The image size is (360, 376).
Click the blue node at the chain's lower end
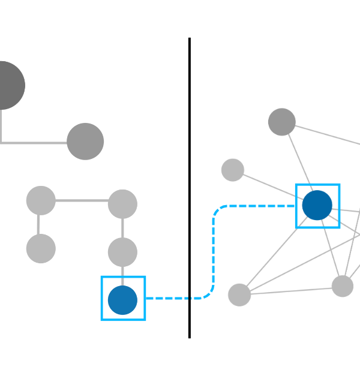click(122, 300)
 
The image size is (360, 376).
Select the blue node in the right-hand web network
click(317, 206)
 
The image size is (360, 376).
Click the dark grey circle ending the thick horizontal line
click(85, 142)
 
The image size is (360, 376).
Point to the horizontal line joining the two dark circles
click(36, 143)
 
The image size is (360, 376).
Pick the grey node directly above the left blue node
click(122, 252)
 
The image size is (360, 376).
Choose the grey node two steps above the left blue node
click(122, 204)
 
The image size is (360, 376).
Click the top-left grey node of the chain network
click(41, 200)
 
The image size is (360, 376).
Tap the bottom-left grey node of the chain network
click(41, 248)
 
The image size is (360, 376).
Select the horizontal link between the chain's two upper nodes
click(82, 201)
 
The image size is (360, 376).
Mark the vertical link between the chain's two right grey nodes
click(122, 228)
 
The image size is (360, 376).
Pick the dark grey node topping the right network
click(281, 122)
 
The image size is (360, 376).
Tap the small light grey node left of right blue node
click(233, 170)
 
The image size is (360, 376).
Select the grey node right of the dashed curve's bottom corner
click(239, 294)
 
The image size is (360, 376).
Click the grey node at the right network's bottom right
click(343, 286)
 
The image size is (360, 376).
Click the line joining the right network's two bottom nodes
click(291, 290)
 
